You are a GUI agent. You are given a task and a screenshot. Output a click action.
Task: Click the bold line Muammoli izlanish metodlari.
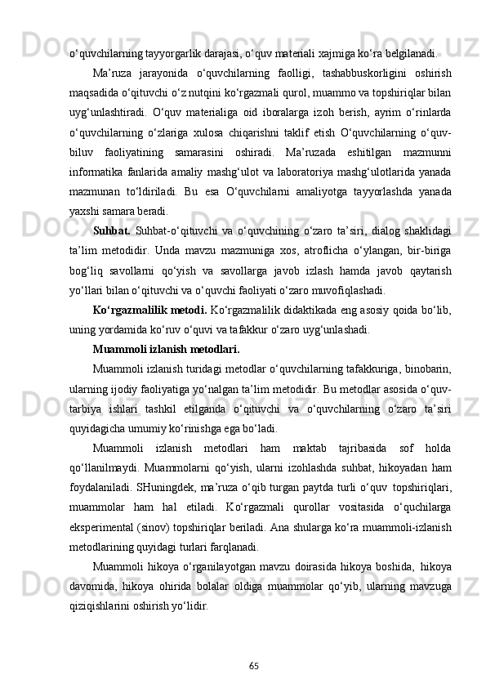pos(166,349)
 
